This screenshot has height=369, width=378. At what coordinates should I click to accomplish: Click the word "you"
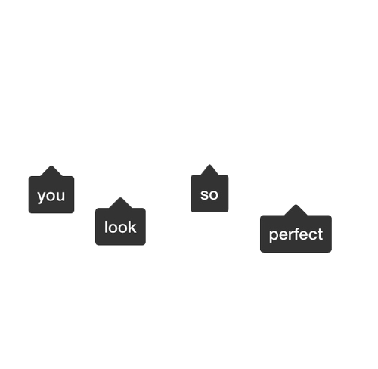click(51, 196)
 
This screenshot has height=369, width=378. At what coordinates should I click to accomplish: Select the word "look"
click(120, 227)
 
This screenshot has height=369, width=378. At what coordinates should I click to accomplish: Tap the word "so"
click(209, 194)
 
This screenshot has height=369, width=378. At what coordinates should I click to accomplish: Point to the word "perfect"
click(296, 234)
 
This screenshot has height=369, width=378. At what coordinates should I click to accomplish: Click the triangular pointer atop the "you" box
click(51, 171)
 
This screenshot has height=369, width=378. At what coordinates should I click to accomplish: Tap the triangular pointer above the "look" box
click(120, 203)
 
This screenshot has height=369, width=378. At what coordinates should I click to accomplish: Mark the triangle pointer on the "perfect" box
click(296, 210)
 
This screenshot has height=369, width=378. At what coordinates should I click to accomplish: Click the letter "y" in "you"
click(42, 197)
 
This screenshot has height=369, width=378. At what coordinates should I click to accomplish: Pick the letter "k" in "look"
click(133, 227)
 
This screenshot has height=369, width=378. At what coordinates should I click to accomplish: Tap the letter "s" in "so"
click(204, 195)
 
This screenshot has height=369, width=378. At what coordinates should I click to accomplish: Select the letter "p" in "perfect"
click(274, 236)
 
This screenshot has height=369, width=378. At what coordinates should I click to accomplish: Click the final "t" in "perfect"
click(321, 234)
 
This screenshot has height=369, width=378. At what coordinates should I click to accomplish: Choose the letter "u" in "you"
click(60, 196)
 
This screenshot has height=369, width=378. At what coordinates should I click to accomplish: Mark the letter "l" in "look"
click(106, 227)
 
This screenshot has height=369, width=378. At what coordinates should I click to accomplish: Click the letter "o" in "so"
click(214, 195)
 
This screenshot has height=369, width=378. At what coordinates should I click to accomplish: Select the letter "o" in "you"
click(51, 196)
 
